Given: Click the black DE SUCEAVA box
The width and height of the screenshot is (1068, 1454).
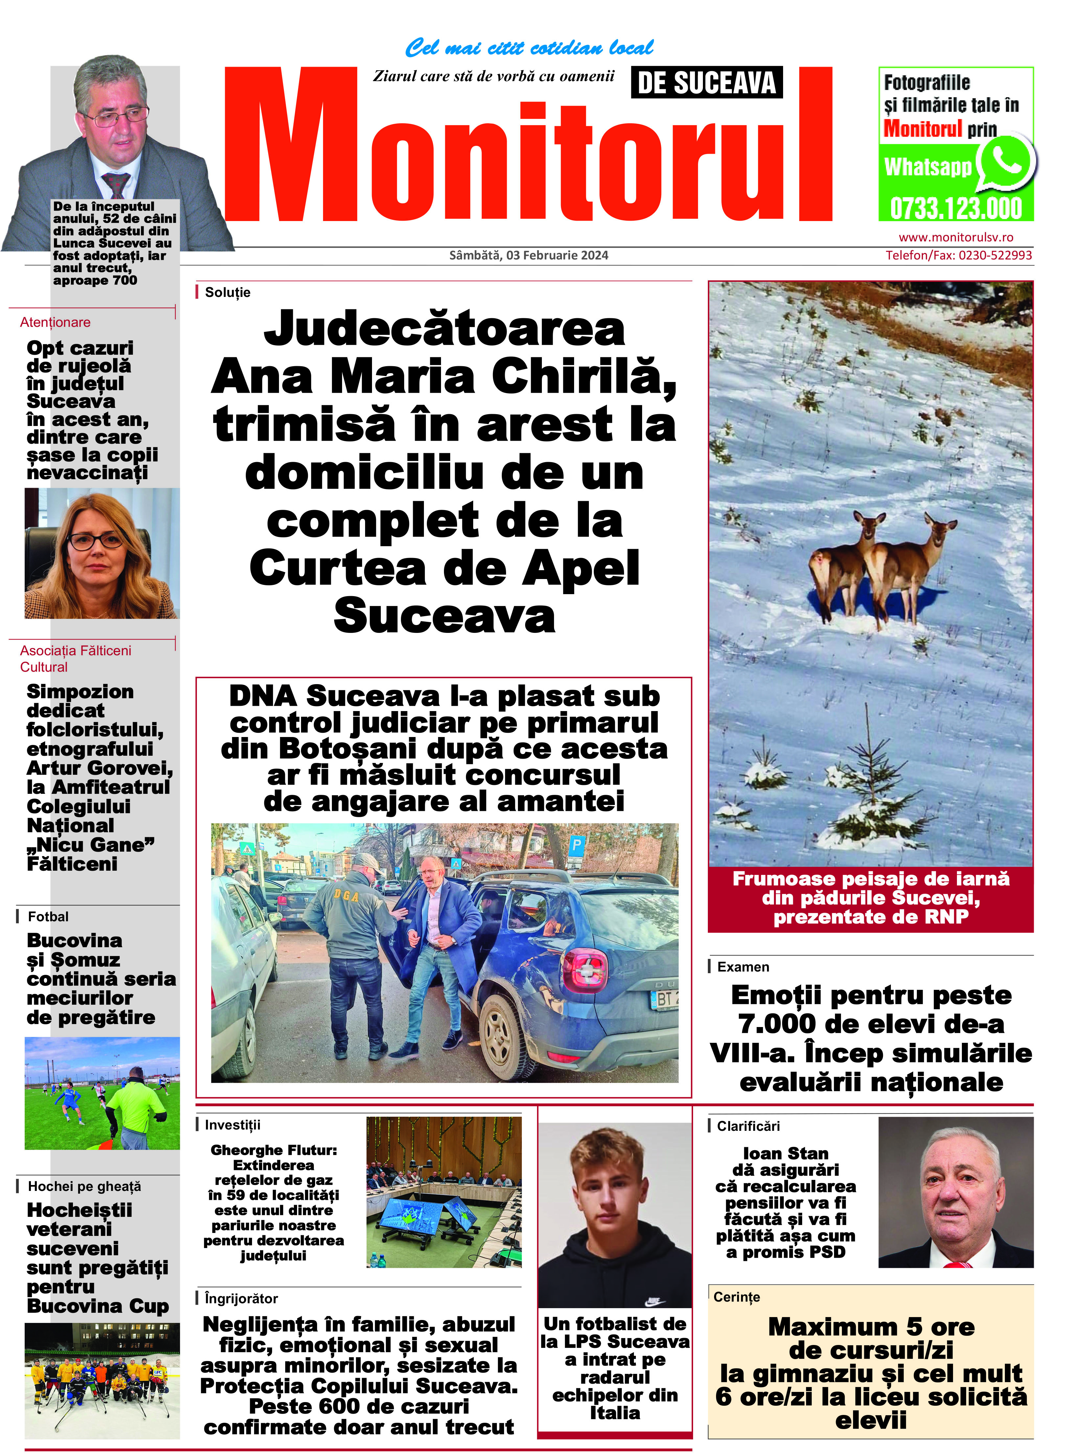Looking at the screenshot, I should pyautogui.click(x=707, y=83).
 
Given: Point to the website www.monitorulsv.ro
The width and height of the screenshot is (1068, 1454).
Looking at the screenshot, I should pyautogui.click(x=956, y=237).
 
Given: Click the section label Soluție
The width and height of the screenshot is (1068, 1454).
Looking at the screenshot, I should pyautogui.click(x=227, y=292).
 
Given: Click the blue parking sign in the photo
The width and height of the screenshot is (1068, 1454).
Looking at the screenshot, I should pyautogui.click(x=577, y=845).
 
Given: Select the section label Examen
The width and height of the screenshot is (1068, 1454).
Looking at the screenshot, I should pyautogui.click(x=743, y=967).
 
